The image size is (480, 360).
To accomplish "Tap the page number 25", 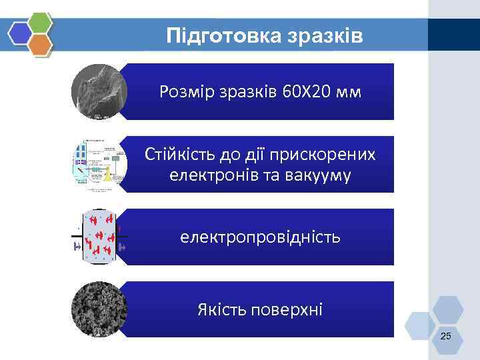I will (x=445, y=335).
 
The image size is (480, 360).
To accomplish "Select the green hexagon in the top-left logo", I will (x=41, y=22).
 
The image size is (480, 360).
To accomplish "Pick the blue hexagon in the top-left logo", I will (x=21, y=33).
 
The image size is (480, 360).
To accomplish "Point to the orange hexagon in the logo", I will (x=41, y=45).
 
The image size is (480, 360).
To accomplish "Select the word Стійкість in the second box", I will (x=177, y=155).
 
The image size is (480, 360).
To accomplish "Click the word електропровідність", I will (x=260, y=237).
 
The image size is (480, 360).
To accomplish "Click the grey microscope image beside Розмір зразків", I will (x=99, y=92).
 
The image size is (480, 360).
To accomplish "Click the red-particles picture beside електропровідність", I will (x=99, y=237).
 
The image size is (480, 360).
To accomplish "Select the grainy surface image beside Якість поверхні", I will (x=99, y=310).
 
